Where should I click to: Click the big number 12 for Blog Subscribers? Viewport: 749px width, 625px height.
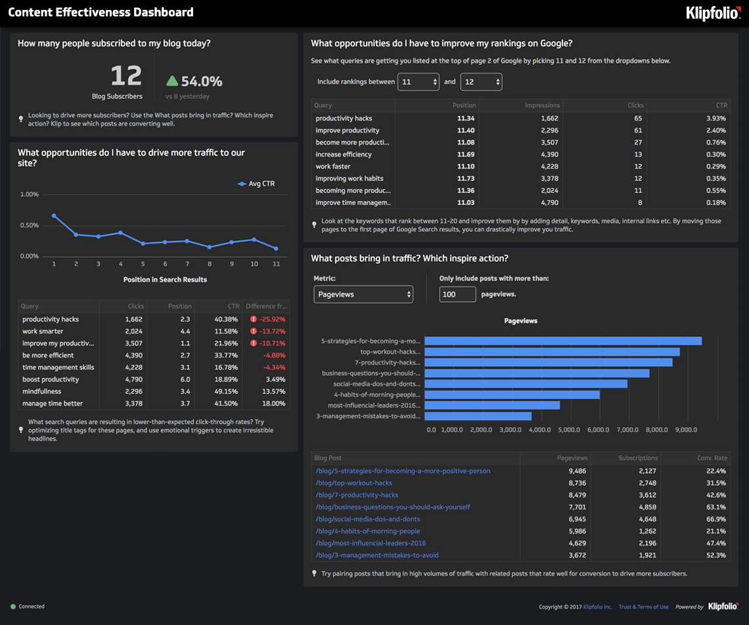125,76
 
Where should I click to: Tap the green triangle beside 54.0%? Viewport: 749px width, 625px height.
172,81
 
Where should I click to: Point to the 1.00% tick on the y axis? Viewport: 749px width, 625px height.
30,194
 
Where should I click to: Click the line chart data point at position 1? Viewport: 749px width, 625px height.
54,215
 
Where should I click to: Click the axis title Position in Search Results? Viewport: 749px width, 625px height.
165,280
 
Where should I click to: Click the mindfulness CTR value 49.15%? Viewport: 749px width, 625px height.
225,391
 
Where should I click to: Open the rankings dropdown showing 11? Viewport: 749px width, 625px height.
418,82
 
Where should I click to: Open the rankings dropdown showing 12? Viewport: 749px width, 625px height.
481,82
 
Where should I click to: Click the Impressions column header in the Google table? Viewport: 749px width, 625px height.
542,105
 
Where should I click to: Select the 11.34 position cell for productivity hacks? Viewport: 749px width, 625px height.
465,118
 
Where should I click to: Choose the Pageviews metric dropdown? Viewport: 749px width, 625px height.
363,294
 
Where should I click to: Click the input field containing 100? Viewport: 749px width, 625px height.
457,294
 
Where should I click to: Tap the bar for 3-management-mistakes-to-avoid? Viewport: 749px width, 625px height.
478,416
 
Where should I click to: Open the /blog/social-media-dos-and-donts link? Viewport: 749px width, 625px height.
368,519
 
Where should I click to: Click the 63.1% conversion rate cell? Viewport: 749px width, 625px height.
715,507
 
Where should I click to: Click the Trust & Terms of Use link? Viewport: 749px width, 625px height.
643,607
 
